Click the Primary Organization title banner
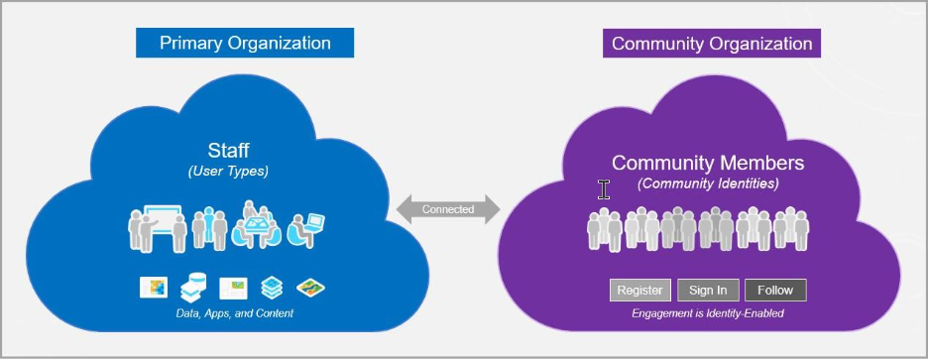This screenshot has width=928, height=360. [245, 44]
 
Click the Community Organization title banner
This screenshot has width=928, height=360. [712, 44]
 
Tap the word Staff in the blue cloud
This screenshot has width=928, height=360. [228, 151]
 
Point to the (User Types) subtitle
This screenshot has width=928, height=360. [228, 172]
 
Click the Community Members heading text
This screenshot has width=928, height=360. [708, 163]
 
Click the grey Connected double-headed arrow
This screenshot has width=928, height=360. [448, 209]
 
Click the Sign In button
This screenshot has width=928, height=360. [708, 290]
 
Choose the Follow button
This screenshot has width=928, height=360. [775, 290]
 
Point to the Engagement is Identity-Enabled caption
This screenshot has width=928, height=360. [708, 313]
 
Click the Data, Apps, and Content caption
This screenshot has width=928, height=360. [229, 313]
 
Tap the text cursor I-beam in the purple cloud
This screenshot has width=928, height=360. [603, 189]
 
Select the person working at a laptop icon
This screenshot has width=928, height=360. [304, 229]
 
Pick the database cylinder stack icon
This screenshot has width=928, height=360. [192, 288]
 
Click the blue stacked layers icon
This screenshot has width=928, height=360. [272, 288]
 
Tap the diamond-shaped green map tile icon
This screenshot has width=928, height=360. [311, 288]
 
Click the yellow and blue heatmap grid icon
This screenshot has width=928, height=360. [153, 288]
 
